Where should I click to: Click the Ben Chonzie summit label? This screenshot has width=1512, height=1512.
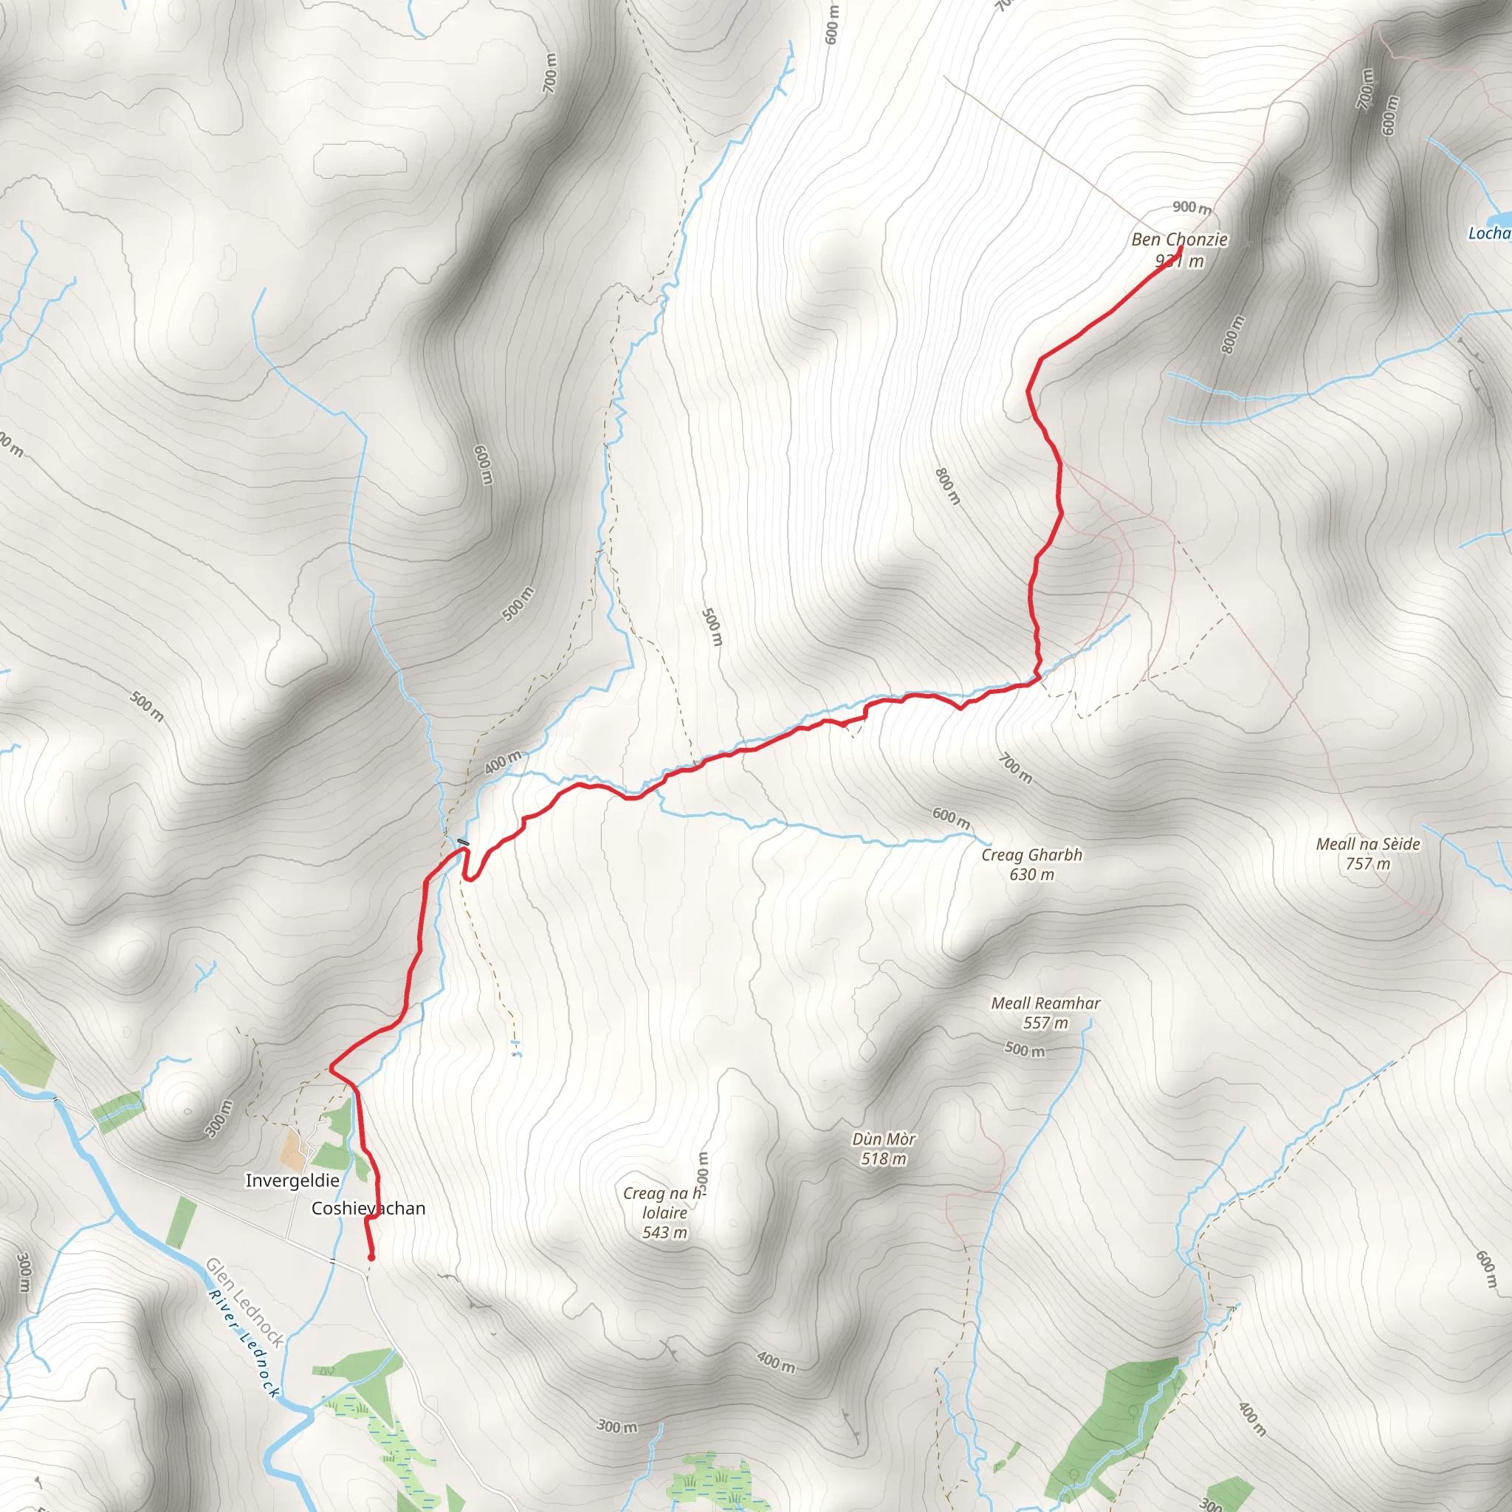point(1178,239)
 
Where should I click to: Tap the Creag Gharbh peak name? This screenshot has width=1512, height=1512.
point(1031,855)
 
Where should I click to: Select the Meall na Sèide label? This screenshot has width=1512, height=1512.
point(1367,844)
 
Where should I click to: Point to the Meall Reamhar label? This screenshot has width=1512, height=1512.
point(1045,1003)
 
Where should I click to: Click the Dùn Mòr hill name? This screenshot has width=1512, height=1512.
point(884,1138)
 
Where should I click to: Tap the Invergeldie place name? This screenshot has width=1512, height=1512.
point(292,1181)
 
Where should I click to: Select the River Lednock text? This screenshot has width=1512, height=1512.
point(244,1343)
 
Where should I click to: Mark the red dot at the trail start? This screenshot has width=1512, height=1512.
point(371,1257)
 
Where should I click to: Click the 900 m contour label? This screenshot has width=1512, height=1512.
point(1191,207)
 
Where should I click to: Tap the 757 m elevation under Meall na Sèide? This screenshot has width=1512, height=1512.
point(1367,864)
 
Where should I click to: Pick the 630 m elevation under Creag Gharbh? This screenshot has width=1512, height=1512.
point(1031,874)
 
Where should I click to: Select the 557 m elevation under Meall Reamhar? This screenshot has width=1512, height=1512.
point(1045,1023)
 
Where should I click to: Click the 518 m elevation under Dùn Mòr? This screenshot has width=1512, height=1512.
point(884,1159)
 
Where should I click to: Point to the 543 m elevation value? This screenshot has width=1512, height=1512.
point(664,1233)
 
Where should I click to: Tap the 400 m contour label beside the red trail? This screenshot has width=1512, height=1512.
point(503,761)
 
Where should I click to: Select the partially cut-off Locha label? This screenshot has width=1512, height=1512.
point(1488,233)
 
